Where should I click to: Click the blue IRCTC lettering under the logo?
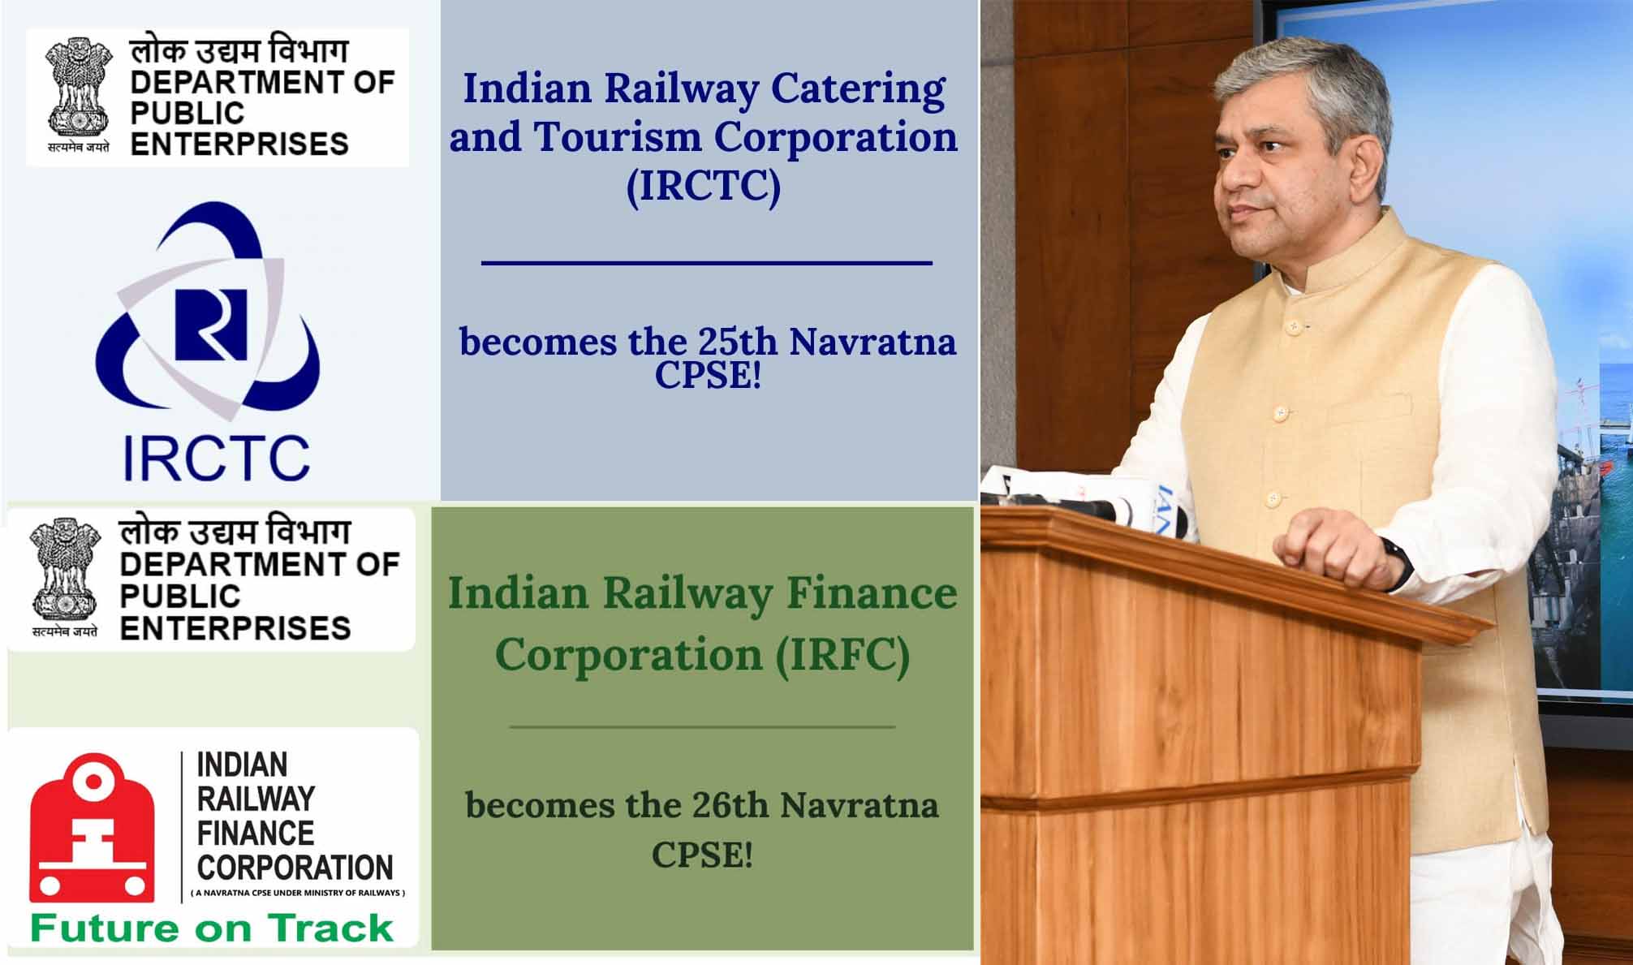pos(216,459)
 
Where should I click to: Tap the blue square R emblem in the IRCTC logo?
pos(211,325)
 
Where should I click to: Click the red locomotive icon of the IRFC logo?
pos(92,828)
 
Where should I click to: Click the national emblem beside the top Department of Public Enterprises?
pos(79,89)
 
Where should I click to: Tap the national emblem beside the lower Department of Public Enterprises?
pos(65,572)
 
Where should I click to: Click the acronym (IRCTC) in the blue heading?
pos(703,187)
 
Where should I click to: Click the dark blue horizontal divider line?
pos(706,263)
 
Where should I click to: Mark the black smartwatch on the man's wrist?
pos(1397,562)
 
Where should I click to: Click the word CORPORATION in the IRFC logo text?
pos(295,868)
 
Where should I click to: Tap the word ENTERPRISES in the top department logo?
pos(239,144)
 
